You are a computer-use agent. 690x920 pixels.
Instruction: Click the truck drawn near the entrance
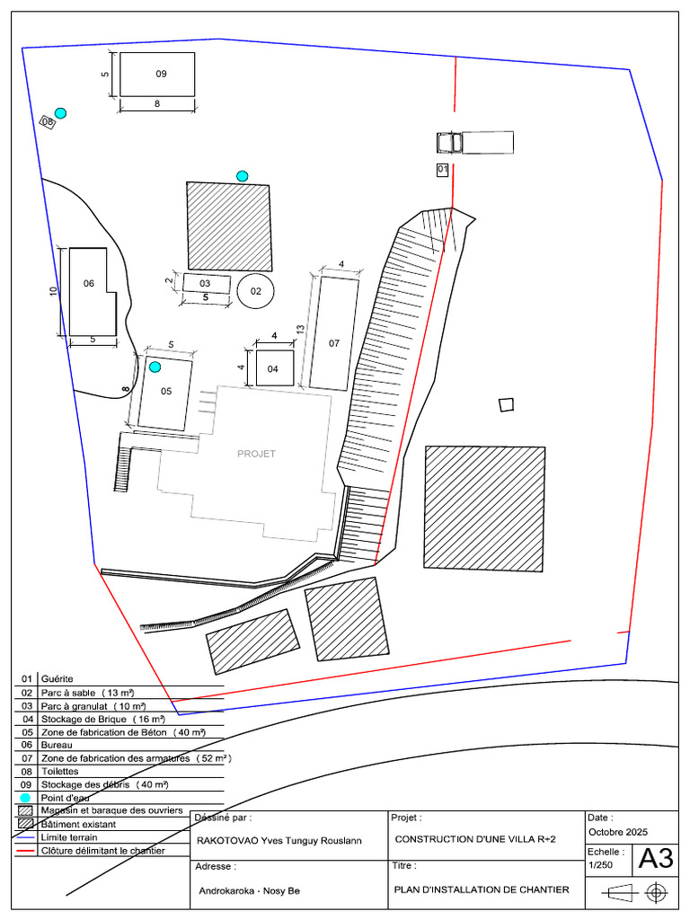(x=475, y=143)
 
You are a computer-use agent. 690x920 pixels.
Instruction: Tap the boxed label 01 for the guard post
(x=442, y=170)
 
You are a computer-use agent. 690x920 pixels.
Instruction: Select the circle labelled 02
(x=255, y=290)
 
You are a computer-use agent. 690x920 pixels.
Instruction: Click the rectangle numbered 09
(x=157, y=75)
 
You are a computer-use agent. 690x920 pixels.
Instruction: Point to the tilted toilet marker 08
(x=47, y=122)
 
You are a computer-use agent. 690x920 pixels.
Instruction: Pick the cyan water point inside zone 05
(x=155, y=367)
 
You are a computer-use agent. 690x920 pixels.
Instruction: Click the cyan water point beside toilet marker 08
(x=60, y=113)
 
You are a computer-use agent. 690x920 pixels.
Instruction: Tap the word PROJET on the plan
(x=256, y=454)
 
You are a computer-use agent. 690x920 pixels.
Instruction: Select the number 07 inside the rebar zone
(x=334, y=343)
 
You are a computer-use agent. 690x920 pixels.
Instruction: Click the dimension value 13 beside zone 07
(x=300, y=330)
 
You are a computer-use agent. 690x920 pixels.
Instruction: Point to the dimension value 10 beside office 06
(x=54, y=291)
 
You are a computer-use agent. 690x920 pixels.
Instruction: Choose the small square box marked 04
(x=275, y=368)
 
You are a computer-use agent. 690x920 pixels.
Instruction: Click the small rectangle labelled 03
(x=207, y=284)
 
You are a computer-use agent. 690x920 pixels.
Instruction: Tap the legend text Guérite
(x=57, y=679)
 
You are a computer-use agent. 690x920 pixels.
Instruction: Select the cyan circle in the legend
(x=25, y=798)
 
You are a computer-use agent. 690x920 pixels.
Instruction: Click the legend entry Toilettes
(x=60, y=772)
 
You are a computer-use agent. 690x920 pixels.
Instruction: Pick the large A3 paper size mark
(x=656, y=858)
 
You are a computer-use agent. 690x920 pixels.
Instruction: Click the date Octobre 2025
(x=618, y=832)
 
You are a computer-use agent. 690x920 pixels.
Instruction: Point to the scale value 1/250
(x=601, y=865)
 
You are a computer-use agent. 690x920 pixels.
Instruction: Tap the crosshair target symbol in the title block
(x=657, y=893)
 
